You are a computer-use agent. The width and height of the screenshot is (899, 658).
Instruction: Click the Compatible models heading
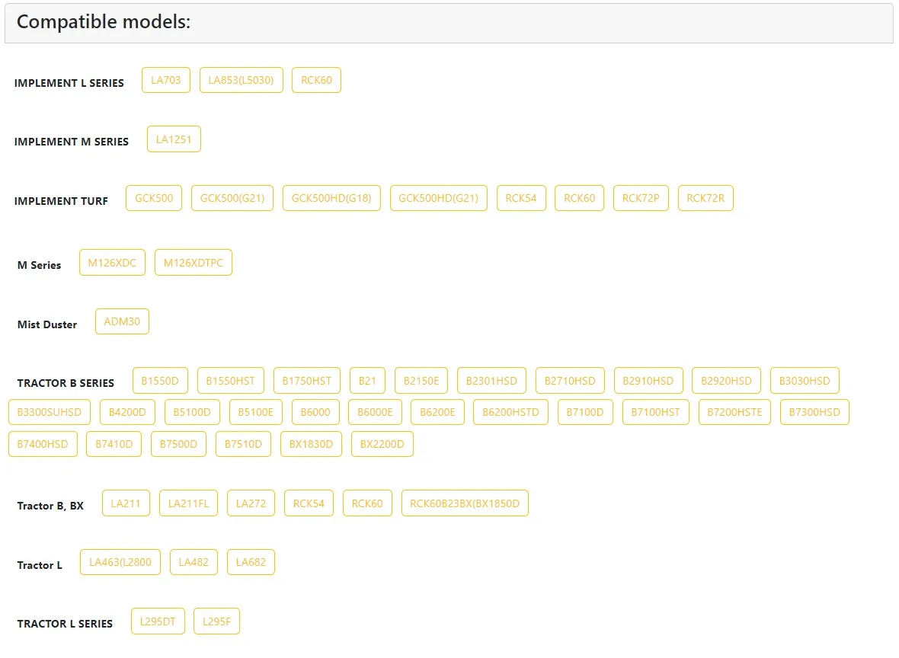(104, 22)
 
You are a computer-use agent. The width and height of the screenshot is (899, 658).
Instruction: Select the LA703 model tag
(165, 80)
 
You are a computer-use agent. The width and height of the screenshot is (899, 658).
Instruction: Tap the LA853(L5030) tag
(241, 80)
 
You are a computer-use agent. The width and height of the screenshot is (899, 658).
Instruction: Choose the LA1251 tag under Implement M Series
(174, 139)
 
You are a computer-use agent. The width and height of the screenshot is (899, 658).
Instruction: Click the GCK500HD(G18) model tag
(331, 198)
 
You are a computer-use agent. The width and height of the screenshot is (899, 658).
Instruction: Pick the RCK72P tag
(641, 198)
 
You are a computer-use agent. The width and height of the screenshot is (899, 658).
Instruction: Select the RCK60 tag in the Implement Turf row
(579, 198)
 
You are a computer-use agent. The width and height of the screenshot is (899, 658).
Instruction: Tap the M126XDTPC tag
(194, 263)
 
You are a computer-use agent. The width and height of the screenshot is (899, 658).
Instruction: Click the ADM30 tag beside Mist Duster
(122, 321)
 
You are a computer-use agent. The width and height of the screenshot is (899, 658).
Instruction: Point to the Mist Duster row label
(47, 324)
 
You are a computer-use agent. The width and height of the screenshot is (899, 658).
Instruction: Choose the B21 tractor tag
(367, 381)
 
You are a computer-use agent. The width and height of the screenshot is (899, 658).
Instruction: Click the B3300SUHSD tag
(50, 412)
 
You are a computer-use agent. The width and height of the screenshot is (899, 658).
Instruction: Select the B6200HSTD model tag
(510, 412)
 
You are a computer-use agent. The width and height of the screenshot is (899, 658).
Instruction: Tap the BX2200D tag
(382, 444)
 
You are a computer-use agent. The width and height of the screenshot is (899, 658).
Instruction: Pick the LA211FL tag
(188, 503)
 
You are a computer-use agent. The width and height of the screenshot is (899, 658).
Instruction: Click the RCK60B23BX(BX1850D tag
(465, 503)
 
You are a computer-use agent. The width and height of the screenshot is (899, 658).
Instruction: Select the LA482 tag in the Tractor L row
(194, 562)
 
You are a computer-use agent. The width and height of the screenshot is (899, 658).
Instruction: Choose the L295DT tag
(158, 621)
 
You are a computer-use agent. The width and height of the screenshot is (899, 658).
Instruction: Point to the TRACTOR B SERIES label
(66, 383)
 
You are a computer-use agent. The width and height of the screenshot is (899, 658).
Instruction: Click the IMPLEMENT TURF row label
(61, 201)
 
